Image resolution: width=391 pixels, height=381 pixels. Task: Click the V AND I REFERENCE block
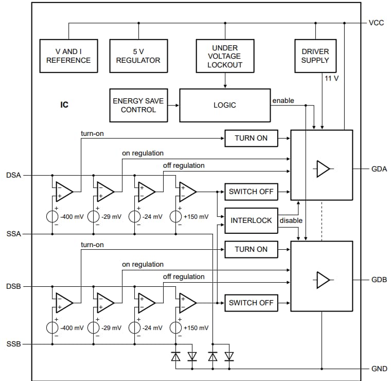pos(68,56)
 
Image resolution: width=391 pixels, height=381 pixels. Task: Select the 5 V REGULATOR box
pos(138,56)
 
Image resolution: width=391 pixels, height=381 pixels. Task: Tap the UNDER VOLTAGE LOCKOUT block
pos(224,56)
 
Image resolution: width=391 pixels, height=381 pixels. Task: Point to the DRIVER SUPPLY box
pos(315,56)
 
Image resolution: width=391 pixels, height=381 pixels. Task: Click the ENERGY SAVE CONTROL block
pos(138,105)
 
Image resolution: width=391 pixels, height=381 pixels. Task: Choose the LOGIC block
pos(224,105)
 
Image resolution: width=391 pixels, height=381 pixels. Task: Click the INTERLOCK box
pos(251,220)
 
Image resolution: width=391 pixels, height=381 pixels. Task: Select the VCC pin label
pos(376,23)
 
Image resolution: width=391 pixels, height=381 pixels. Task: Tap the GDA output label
pos(379,169)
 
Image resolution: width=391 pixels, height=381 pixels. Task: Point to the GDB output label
pos(379,280)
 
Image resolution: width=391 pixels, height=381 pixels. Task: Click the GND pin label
pos(379,369)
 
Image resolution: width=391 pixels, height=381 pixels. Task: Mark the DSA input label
pos(13,175)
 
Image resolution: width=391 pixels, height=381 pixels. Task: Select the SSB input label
pos(13,344)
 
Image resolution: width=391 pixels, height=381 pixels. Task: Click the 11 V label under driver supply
pos(331,78)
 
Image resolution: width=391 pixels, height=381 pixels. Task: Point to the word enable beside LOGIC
pos(283,101)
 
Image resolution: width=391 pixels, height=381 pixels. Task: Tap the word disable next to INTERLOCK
pos(291,220)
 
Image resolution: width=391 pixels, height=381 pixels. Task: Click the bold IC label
pos(64,105)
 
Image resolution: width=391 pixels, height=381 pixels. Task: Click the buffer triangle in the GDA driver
pos(323,169)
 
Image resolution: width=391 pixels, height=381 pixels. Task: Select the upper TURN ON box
pos(251,138)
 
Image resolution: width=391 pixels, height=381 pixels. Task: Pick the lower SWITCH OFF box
pos(251,303)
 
